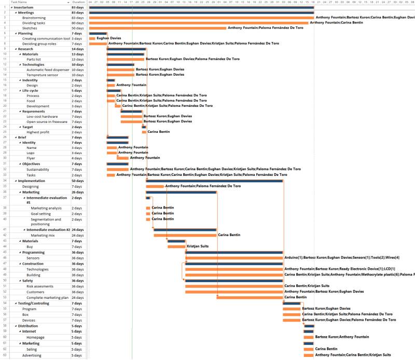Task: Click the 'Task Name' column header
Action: pyautogui.click(x=21, y=3)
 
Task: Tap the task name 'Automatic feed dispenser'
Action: pyautogui.click(x=48, y=70)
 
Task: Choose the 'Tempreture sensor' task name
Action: pyautogui.click(x=42, y=75)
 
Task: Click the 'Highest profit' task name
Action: pyautogui.click(x=38, y=132)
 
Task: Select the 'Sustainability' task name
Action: pyautogui.click(x=38, y=169)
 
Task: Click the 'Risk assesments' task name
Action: pyautogui.click(x=40, y=286)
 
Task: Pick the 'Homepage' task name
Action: pyautogui.click(x=36, y=337)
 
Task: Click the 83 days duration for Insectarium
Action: pyautogui.click(x=78, y=8)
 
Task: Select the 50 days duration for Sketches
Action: pyautogui.click(x=77, y=28)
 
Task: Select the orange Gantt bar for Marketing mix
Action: pyautogui.click(x=185, y=235)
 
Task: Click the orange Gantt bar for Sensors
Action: pyautogui.click(x=234, y=258)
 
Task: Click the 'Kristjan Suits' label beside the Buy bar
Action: pyautogui.click(x=198, y=246)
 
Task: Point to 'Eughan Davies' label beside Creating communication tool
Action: pyautogui.click(x=108, y=38)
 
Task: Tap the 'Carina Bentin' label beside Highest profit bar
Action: pyautogui.click(x=159, y=132)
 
